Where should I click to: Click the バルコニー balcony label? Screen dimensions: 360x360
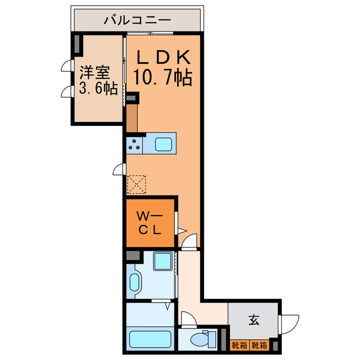coord(137,21)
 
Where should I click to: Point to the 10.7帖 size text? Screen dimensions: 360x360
coord(163,78)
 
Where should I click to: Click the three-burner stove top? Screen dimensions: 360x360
coord(135,145)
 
